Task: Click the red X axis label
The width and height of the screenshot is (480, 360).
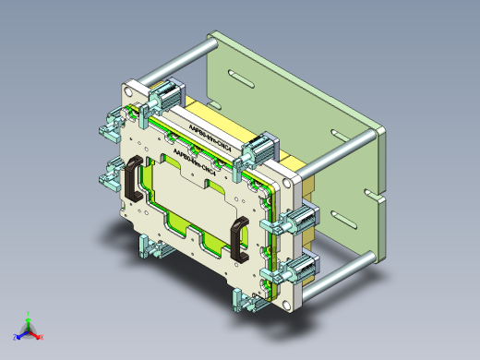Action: coord(42,338)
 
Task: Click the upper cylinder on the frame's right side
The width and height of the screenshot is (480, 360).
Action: coord(302,220)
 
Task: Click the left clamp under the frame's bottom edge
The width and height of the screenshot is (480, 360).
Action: coord(148,246)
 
